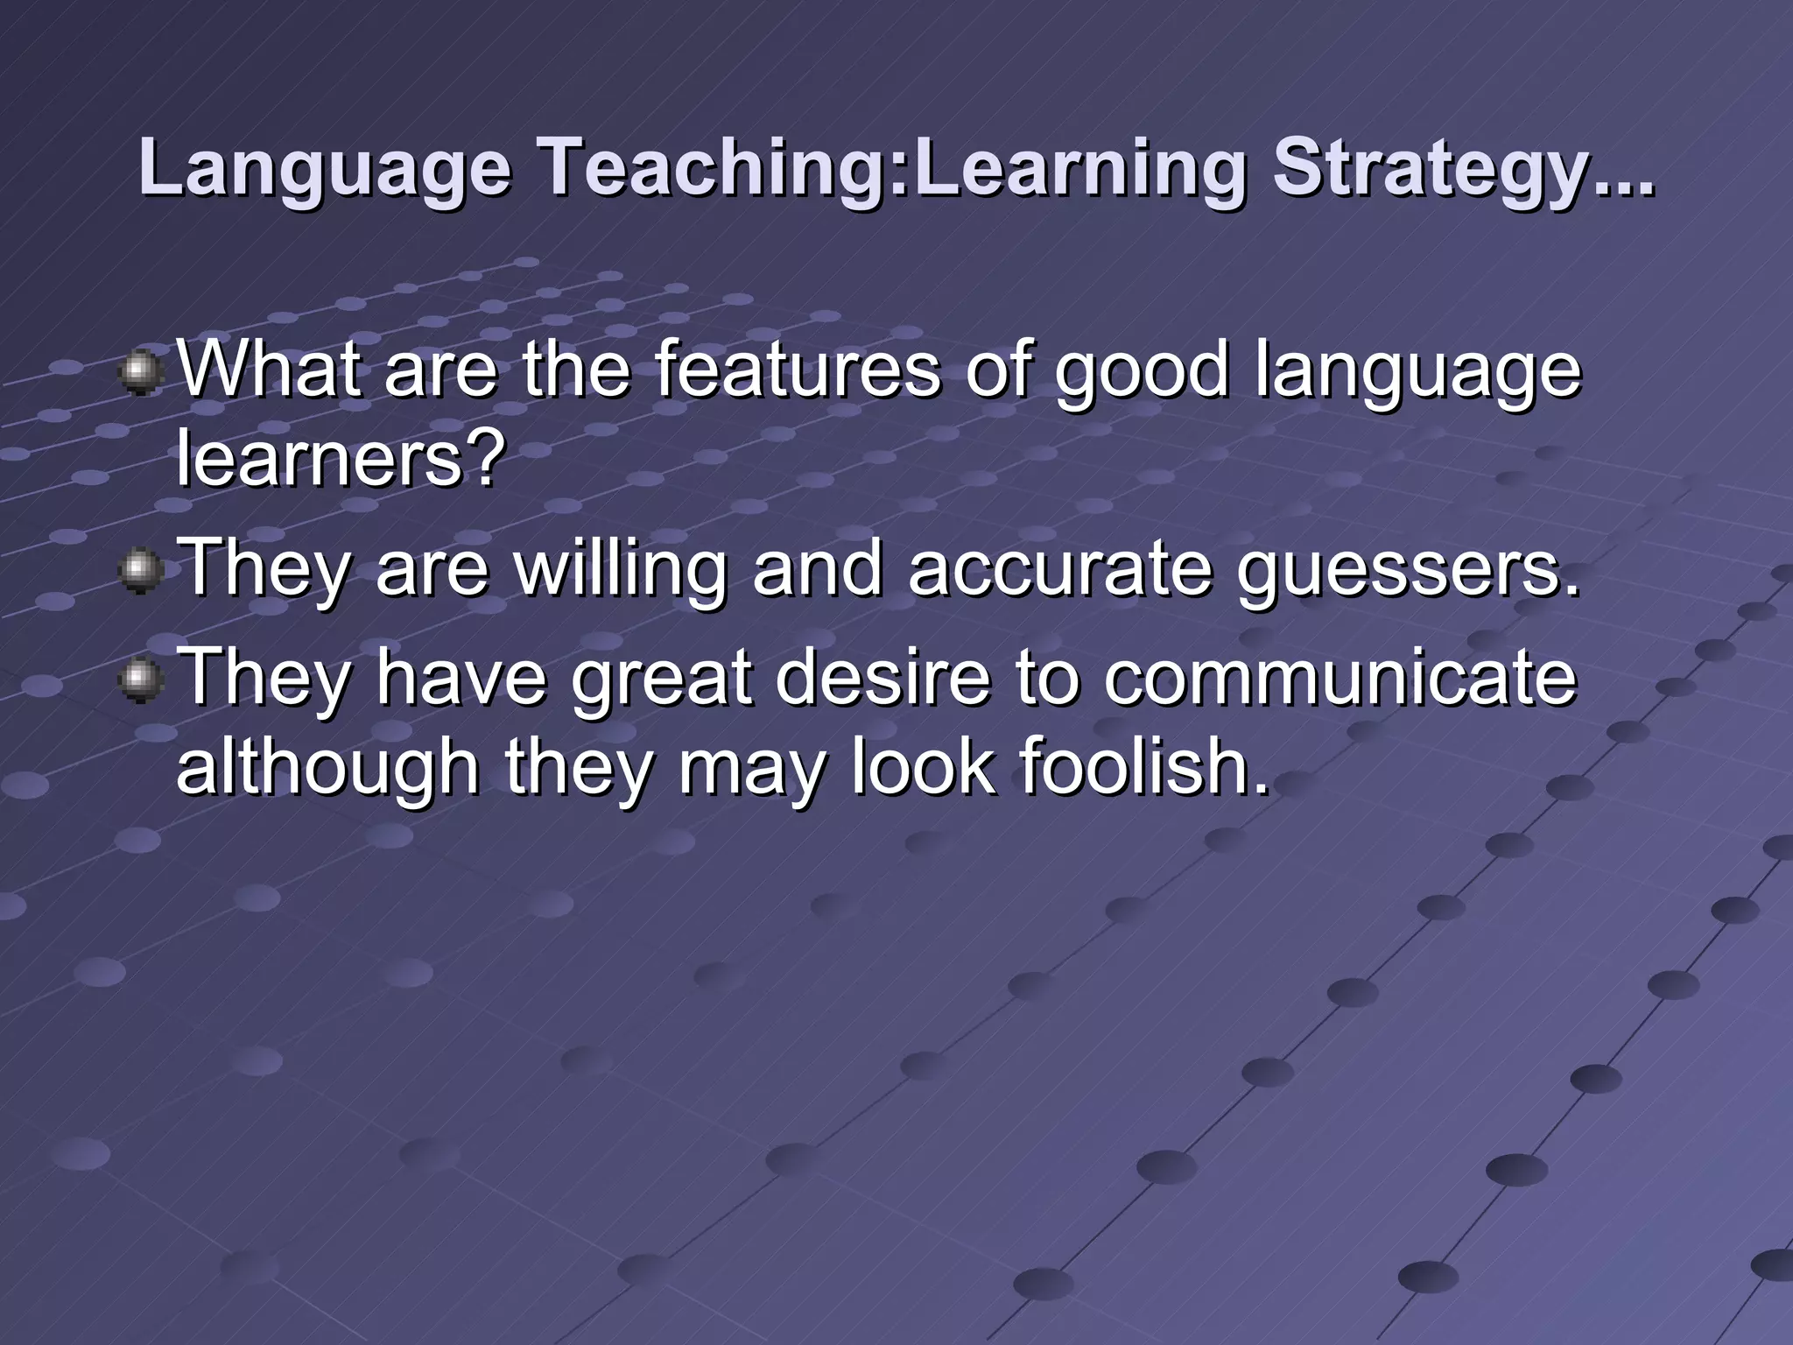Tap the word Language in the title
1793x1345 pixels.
325,168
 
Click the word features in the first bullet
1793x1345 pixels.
798,370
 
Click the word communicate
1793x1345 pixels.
1339,678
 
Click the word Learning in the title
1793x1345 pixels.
1077,168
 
